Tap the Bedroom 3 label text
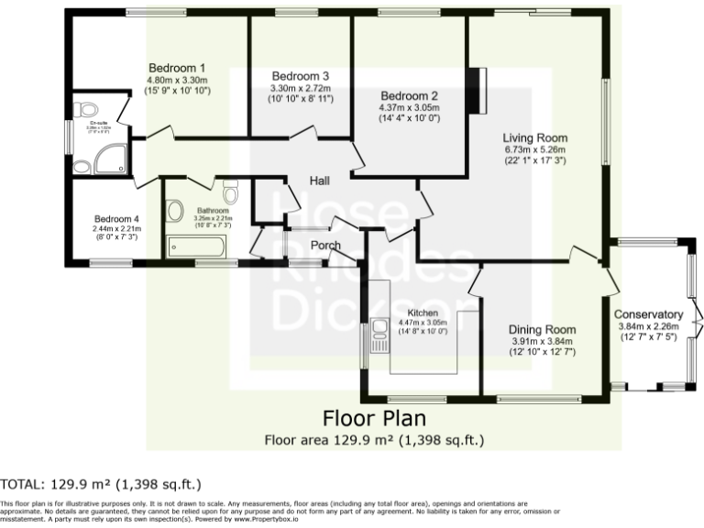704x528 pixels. (x=300, y=75)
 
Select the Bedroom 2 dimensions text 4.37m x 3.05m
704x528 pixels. (x=409, y=107)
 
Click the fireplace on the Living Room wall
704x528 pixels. (x=474, y=91)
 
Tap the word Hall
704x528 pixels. (x=320, y=180)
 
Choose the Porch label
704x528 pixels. (x=325, y=245)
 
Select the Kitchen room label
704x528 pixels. (x=423, y=313)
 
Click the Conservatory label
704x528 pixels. (x=648, y=314)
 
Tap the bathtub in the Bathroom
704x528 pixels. (x=197, y=246)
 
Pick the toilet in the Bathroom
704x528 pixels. (x=230, y=194)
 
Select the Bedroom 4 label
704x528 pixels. (x=116, y=219)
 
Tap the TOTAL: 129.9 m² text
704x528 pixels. (x=101, y=484)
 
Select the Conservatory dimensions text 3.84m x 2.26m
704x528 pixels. (x=648, y=326)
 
